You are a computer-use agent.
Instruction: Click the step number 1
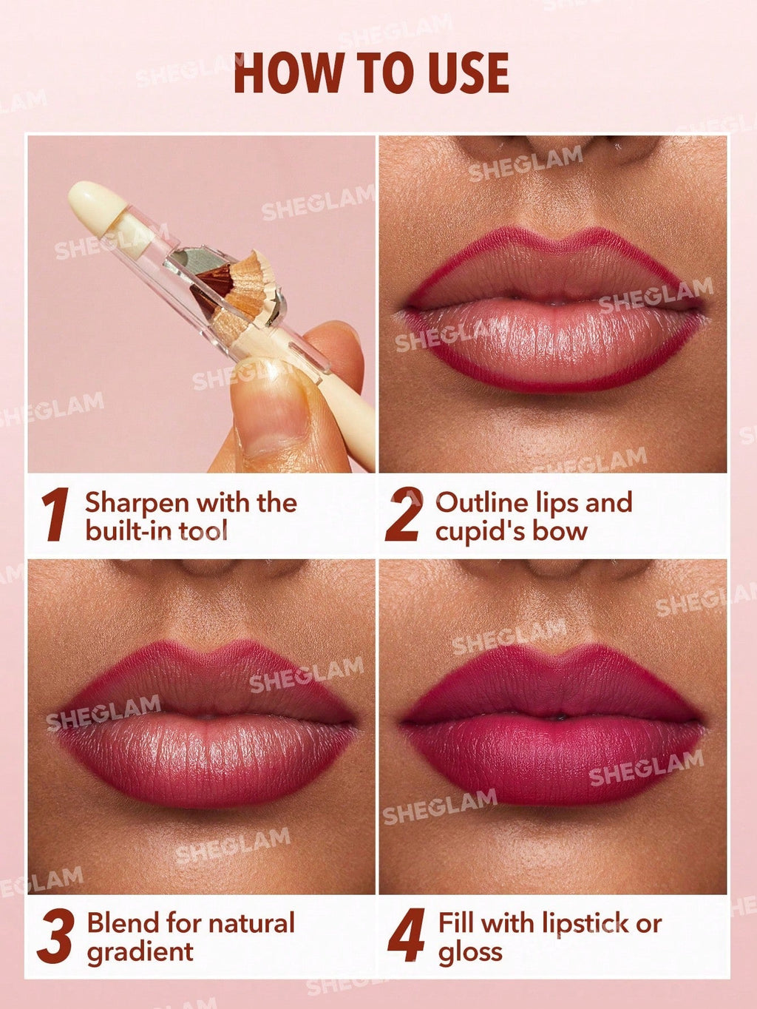point(55,515)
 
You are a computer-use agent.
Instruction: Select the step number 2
point(404,515)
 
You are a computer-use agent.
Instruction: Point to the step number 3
point(56,937)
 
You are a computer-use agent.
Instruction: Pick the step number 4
point(406,937)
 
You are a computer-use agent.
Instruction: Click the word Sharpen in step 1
point(137,503)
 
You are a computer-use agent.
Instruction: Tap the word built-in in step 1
point(123,531)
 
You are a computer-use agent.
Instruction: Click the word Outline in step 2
point(480,502)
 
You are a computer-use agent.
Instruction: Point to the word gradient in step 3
point(140,952)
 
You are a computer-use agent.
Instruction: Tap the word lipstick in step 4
point(586,923)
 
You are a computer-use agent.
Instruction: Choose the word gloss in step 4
point(470,953)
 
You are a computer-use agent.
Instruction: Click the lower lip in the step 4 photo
point(551,762)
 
